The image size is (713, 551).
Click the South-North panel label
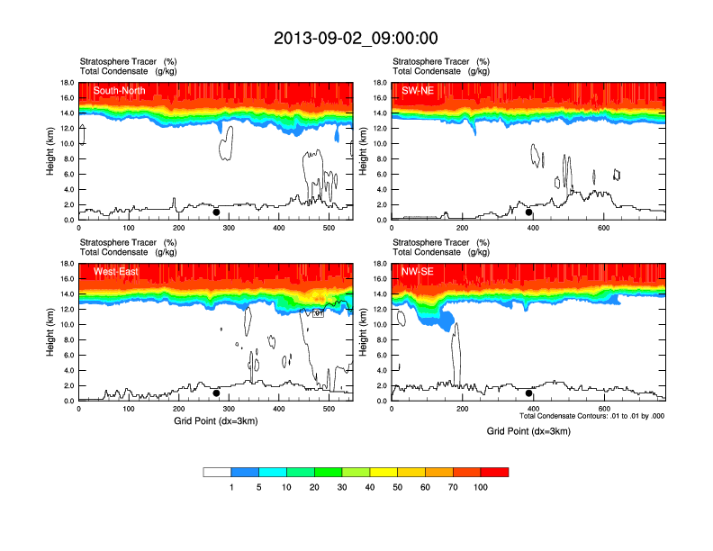tap(120, 90)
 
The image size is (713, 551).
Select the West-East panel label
tap(115, 272)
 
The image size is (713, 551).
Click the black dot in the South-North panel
tap(216, 212)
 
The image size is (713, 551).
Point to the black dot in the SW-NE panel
tap(529, 212)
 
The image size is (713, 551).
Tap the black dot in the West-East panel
tap(216, 393)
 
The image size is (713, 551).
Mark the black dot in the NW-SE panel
tap(529, 393)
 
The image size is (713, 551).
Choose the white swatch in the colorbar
tap(217, 472)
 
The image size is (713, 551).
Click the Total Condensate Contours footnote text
tap(591, 416)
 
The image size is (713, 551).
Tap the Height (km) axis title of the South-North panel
tap(51, 151)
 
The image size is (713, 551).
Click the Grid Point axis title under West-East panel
tap(215, 421)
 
